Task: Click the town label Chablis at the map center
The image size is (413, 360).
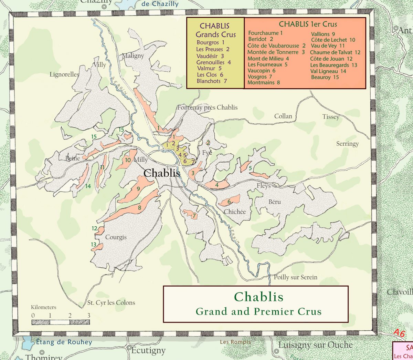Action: point(162,173)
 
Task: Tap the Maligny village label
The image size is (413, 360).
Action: point(133,55)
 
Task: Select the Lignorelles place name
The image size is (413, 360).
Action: point(64,74)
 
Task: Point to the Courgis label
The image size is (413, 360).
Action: point(116,237)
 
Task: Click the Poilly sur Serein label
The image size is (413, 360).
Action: point(296,277)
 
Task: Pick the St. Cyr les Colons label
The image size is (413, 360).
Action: point(111,303)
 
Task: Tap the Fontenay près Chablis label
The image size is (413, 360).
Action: point(207,107)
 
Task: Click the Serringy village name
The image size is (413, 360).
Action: point(347,144)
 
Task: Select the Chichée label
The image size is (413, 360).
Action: point(235,212)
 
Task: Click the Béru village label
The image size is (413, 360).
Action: point(275,202)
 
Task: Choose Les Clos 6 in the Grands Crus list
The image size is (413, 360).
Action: point(210,75)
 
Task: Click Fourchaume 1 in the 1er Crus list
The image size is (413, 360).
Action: point(265,33)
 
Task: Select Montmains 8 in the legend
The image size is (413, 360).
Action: point(264,83)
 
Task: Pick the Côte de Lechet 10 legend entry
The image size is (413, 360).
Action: point(333,40)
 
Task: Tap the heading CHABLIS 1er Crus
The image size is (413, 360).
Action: point(308,24)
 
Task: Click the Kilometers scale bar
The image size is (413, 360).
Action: point(61,322)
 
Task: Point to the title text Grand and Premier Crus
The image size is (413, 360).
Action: point(258,311)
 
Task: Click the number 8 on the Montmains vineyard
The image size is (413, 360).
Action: point(140,208)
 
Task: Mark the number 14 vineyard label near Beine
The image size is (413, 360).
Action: point(88,186)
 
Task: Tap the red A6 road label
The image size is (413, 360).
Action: point(399,333)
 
